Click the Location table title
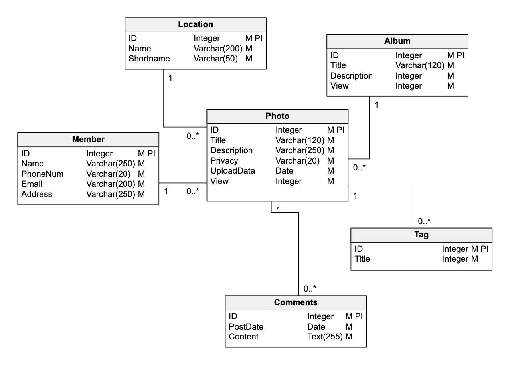(x=196, y=24)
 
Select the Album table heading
(x=397, y=41)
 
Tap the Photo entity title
(x=277, y=116)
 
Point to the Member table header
(x=88, y=139)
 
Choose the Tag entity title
(x=421, y=235)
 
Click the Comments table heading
(x=296, y=302)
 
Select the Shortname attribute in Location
(x=149, y=59)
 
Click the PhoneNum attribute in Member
(x=42, y=174)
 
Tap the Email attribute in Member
(x=32, y=184)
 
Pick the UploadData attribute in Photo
(x=233, y=171)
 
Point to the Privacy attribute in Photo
(x=224, y=161)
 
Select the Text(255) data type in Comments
(x=325, y=337)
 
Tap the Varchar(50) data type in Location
(x=216, y=59)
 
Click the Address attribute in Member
(x=37, y=194)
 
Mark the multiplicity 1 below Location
(x=170, y=78)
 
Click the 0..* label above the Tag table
(x=424, y=221)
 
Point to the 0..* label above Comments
(x=310, y=289)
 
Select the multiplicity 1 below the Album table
(x=376, y=105)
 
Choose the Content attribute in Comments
(x=243, y=337)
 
